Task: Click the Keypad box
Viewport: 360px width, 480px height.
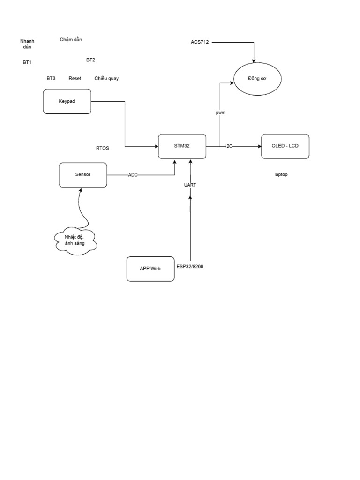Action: [67, 101]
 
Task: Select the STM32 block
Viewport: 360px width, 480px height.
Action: [182, 146]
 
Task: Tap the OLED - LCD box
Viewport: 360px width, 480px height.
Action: [285, 146]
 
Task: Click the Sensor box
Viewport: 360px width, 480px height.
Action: [83, 175]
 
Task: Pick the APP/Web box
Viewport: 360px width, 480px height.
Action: [150, 269]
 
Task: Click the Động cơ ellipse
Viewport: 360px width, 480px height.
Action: [257, 79]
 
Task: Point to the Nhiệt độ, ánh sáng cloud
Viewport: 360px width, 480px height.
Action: [75, 240]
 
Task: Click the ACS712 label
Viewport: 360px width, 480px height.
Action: [200, 42]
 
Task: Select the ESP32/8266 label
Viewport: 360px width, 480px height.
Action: [190, 267]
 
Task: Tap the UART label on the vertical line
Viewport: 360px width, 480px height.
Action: [190, 185]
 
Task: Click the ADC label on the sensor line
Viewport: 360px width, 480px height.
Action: [133, 175]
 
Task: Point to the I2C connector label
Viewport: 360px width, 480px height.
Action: [229, 147]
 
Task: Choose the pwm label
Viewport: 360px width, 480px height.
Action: [220, 113]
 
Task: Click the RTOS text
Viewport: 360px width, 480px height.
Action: [103, 148]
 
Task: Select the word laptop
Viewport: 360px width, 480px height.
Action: [281, 175]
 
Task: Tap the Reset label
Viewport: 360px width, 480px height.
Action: [75, 79]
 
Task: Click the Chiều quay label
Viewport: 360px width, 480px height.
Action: [106, 79]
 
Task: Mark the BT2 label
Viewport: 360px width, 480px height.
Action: [90, 60]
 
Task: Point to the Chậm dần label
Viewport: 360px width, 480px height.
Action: [71, 40]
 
